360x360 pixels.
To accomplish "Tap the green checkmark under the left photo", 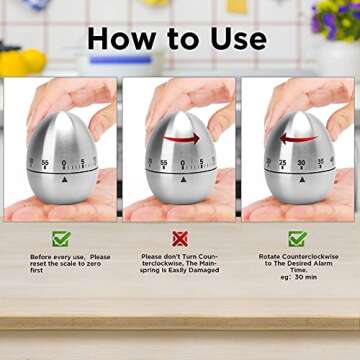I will (61, 239).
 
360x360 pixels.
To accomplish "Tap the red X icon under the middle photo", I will (180, 239).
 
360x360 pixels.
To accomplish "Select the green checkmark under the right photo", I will (297, 239).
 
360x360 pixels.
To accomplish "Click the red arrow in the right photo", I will (298, 138).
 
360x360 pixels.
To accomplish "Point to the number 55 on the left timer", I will (45, 162).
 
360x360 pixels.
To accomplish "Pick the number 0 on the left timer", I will (65, 163).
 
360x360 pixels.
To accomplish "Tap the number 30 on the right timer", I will (301, 163).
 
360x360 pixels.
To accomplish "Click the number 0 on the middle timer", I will (183, 163).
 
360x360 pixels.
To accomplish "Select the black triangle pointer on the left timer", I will (65, 180).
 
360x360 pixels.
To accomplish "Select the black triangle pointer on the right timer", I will (301, 180).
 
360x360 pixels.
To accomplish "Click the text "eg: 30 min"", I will (297, 277).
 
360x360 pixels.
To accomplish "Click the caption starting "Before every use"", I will (62, 263).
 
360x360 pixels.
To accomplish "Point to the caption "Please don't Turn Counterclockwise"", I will (180, 263).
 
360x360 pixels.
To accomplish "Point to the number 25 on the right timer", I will (282, 162).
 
